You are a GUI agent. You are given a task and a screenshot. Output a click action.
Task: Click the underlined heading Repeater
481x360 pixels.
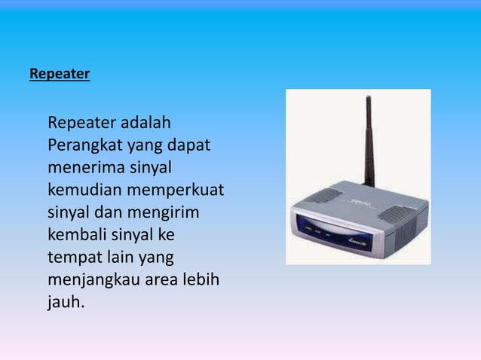pos(60,75)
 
